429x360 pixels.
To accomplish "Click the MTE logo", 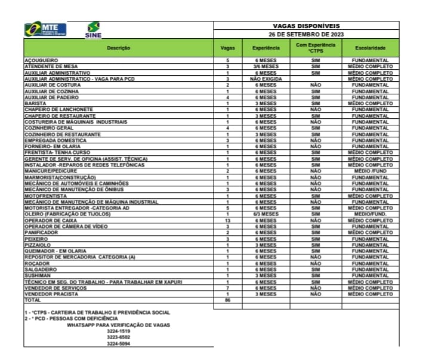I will point(45,29).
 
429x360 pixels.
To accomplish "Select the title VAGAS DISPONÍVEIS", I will point(305,26).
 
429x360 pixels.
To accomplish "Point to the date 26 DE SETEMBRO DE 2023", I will point(305,34).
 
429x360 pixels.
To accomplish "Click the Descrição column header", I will point(118,47).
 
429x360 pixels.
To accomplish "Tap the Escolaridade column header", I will point(370,47).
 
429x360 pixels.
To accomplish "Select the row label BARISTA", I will point(33,103).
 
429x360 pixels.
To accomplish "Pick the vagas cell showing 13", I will point(227,220).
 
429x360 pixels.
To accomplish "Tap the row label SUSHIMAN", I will point(37,275).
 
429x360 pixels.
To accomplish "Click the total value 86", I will point(227,300).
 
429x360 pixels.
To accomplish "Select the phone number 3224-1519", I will point(118,331).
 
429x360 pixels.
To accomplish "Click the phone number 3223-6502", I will point(118,337).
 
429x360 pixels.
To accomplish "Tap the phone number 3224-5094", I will point(118,344).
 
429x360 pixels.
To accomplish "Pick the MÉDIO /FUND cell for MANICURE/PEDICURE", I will point(370,171).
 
